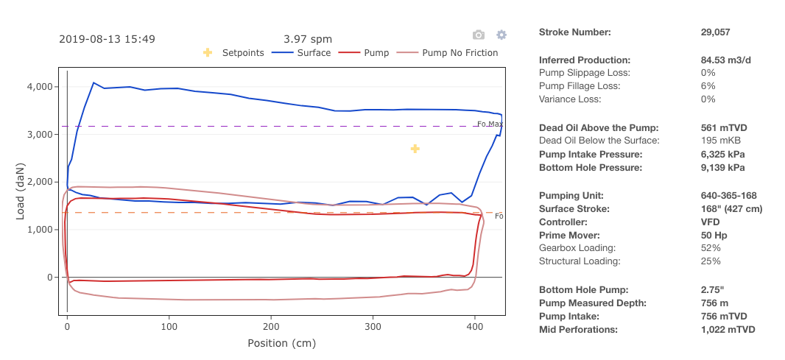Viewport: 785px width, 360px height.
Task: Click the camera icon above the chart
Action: pos(479,35)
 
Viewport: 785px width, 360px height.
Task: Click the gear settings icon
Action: pos(501,35)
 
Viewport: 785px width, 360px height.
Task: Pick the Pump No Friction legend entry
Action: pos(448,53)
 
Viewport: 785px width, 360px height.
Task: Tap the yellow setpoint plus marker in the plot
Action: pos(415,149)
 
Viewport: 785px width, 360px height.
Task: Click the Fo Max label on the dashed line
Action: pos(490,124)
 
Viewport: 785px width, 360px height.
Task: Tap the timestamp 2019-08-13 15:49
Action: pos(107,39)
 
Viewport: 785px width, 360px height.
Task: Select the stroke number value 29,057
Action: pos(715,32)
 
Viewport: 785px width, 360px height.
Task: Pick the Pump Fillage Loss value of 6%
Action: pos(708,86)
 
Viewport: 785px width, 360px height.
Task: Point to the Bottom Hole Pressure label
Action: pos(591,168)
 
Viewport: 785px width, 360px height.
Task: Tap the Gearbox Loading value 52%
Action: pos(711,248)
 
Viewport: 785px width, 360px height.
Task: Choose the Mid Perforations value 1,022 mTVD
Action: pos(728,330)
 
